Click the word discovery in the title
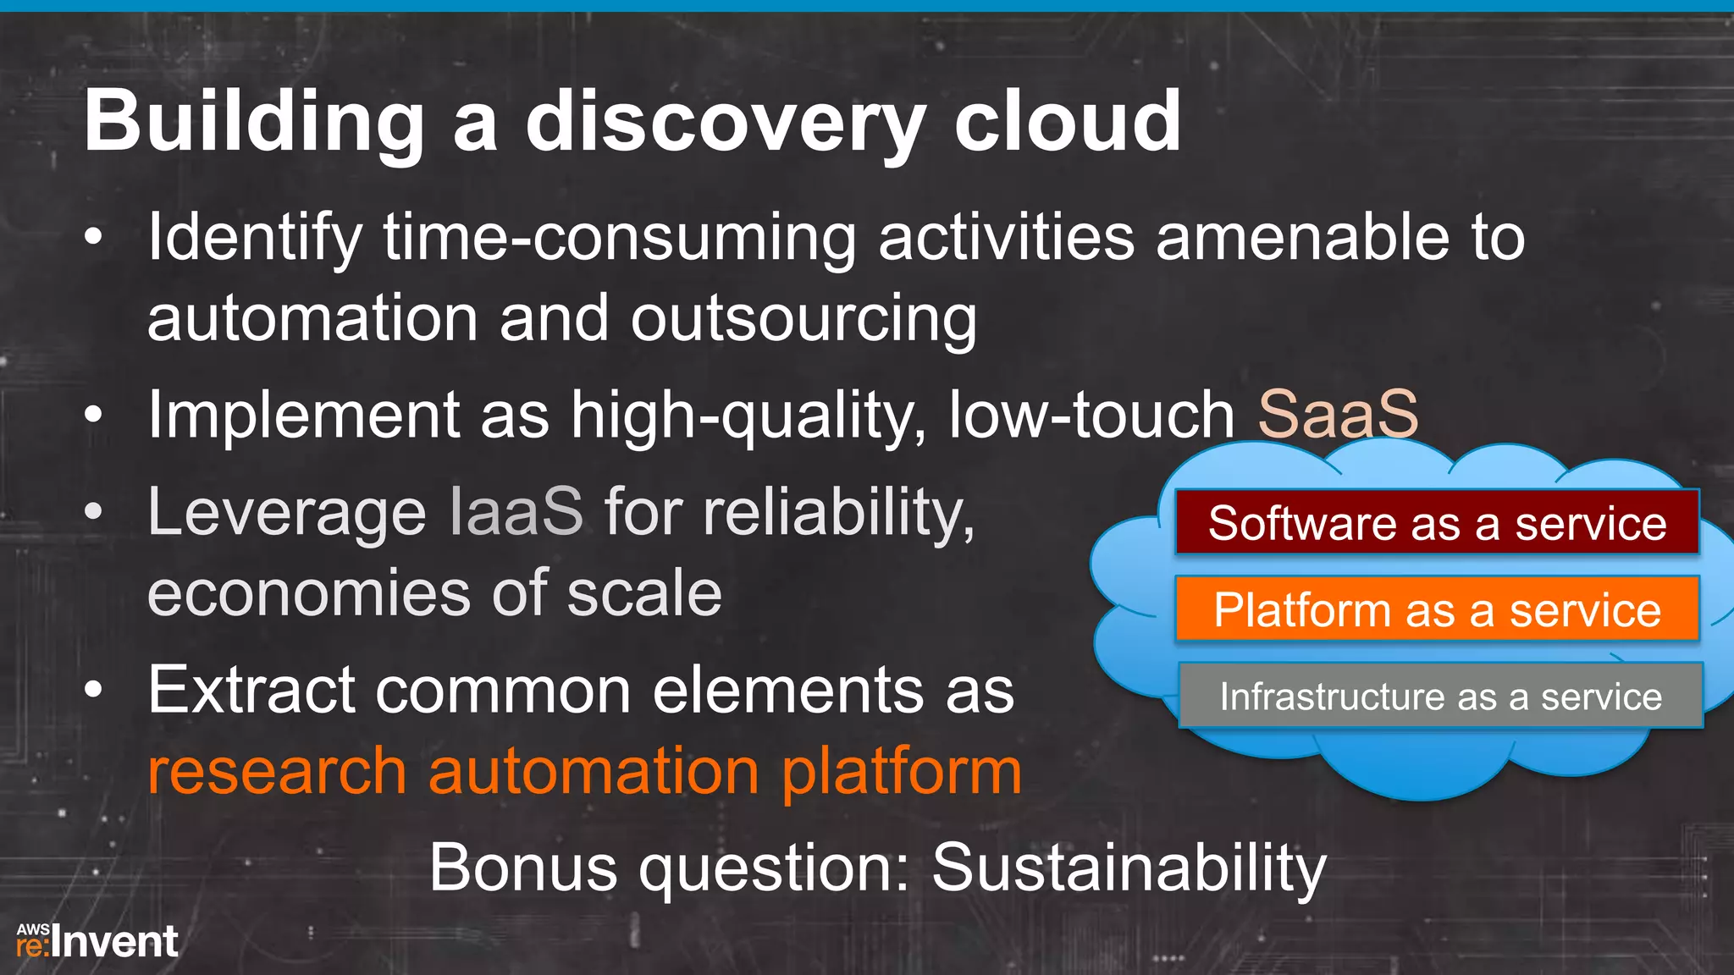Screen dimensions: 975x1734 (724, 123)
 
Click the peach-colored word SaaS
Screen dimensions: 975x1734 (1338, 415)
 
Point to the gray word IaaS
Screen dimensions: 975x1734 (516, 512)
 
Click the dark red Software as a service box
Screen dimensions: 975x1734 (1437, 523)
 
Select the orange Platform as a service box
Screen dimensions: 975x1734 (1437, 609)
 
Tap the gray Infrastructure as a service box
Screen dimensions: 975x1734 (1440, 697)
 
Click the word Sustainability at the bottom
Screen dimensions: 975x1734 (1129, 868)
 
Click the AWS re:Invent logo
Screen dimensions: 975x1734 (97, 941)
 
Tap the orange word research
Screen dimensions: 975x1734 (277, 772)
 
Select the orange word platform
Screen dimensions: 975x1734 (901, 772)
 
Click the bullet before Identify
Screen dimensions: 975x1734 (93, 238)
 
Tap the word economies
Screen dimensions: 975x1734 (307, 593)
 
